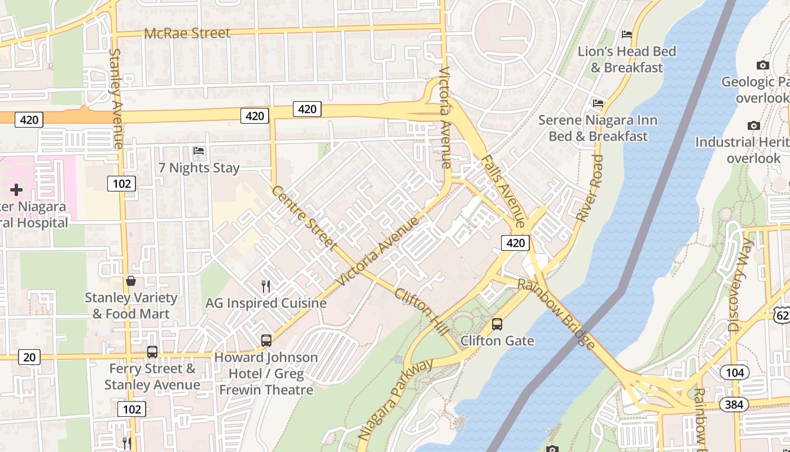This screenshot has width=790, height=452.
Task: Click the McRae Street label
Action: coord(187,33)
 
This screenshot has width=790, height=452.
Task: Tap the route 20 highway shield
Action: coord(29,357)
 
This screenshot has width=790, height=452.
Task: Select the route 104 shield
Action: coord(734,372)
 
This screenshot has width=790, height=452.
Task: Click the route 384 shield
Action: coord(734,405)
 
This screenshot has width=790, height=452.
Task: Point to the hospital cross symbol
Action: coord(16,190)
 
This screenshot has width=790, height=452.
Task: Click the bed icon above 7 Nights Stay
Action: coord(199,151)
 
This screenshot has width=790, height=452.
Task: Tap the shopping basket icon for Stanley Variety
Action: coord(131,281)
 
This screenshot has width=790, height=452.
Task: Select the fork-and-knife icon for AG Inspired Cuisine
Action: coord(266,286)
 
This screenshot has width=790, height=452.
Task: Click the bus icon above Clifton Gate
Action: coord(497,324)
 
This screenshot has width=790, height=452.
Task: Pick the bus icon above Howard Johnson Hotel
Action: coord(266,341)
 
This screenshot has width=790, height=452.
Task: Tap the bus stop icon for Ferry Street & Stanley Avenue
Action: coord(152,352)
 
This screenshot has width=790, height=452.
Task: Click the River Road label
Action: coord(590,188)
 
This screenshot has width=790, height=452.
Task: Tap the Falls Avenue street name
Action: coord(504,192)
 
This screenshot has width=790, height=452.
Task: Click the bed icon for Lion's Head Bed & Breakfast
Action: coord(626,34)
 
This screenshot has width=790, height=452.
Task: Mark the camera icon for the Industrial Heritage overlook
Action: coord(753,125)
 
